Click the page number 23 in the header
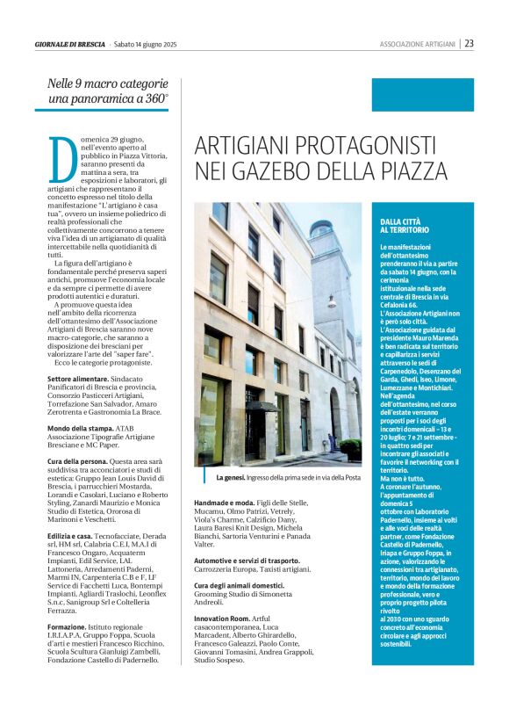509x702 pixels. click(469, 43)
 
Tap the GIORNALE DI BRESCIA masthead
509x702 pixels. click(70, 44)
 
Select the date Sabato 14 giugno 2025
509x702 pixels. click(145, 44)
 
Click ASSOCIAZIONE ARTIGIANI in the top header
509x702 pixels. click(417, 44)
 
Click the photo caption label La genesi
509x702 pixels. click(232, 477)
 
